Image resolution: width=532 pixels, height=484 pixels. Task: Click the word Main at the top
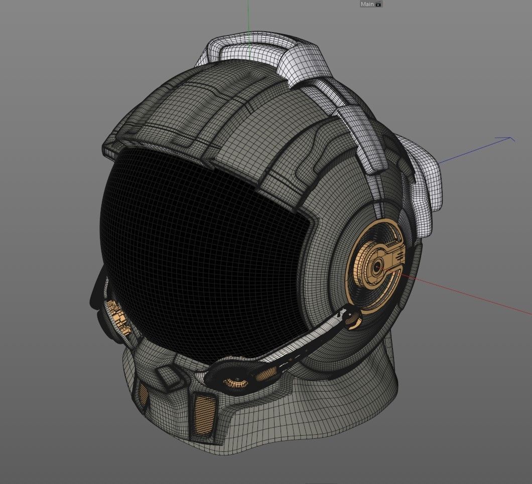367,4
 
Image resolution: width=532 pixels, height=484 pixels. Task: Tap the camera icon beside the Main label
378,4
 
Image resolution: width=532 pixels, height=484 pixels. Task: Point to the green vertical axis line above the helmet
248,20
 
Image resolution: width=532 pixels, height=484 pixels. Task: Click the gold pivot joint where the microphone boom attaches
354,319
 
